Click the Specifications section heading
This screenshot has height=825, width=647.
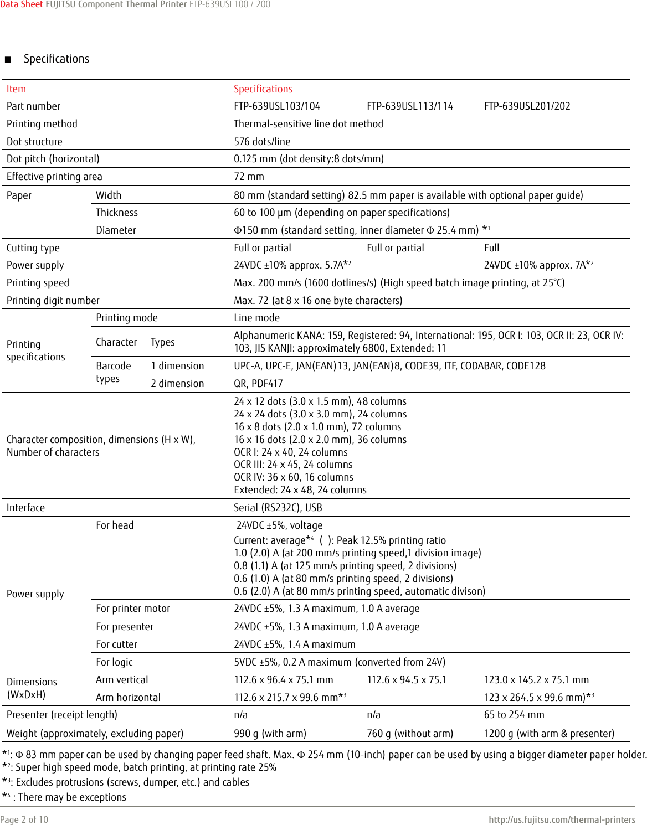[56, 59]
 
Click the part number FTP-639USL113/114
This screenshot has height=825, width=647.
[409, 106]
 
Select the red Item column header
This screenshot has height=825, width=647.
[16, 89]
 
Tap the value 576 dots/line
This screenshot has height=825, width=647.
[262, 142]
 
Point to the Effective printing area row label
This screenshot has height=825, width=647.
[54, 177]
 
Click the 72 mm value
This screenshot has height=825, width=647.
[249, 177]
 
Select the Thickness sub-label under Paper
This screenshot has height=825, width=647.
[116, 213]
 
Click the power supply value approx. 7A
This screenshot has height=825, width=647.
[538, 265]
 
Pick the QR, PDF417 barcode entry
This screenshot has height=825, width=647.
[258, 384]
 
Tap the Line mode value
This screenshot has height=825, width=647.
[256, 318]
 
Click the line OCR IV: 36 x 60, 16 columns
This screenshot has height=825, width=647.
[293, 477]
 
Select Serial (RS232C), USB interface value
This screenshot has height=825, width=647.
[278, 508]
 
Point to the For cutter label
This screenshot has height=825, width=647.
[116, 644]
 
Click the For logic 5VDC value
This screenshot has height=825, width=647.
[339, 662]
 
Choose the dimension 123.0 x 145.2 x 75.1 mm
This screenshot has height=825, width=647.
[536, 680]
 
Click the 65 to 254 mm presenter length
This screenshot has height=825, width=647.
[514, 715]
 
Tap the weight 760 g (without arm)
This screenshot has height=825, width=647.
[409, 734]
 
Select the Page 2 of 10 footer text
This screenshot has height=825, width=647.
[24, 819]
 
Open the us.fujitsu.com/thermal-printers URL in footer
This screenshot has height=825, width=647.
[561, 819]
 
